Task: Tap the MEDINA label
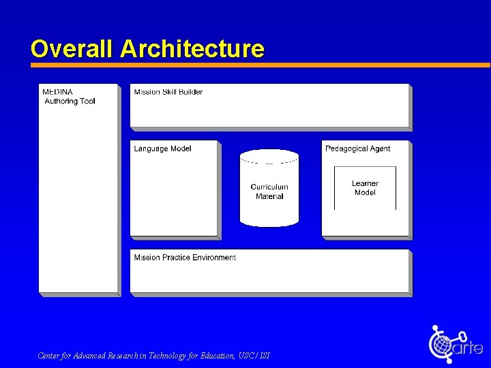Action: pyautogui.click(x=58, y=92)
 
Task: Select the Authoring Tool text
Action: pyautogui.click(x=70, y=102)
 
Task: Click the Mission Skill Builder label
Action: pyautogui.click(x=168, y=92)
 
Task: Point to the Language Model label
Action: pyautogui.click(x=162, y=149)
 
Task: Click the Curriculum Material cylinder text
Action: pyautogui.click(x=269, y=191)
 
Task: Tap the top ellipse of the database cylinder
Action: pyautogui.click(x=269, y=157)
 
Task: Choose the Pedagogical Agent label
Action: pyautogui.click(x=357, y=149)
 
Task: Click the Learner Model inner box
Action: pyautogui.click(x=365, y=188)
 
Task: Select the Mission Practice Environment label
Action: pyautogui.click(x=185, y=258)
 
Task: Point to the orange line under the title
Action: pyautogui.click(x=259, y=65)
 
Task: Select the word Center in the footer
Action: pyautogui.click(x=48, y=356)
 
